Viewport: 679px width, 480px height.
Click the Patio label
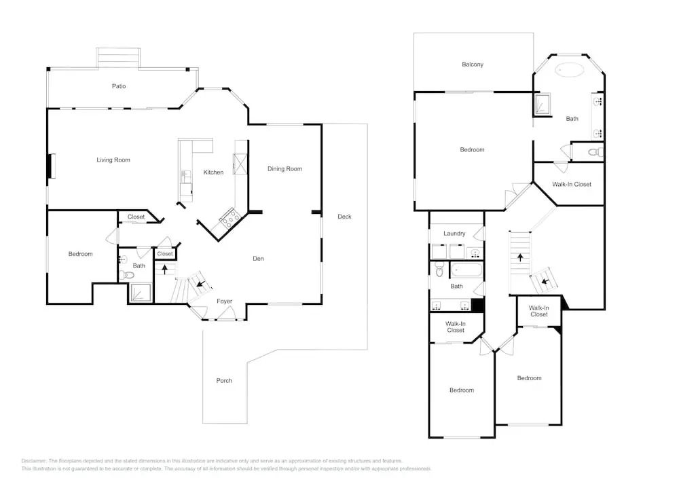point(119,86)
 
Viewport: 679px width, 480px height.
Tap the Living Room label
point(113,160)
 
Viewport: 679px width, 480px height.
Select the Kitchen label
point(213,172)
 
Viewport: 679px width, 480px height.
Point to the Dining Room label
point(285,169)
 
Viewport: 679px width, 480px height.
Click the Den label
point(258,259)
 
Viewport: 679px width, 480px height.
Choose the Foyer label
point(224,301)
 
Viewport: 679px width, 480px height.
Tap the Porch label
point(224,380)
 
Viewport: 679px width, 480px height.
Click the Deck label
point(344,217)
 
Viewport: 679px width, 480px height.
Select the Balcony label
point(473,64)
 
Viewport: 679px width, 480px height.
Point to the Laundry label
point(454,234)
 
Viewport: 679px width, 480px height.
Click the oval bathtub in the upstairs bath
point(570,70)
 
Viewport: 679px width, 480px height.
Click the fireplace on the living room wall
point(52,166)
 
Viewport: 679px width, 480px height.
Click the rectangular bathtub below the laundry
point(466,270)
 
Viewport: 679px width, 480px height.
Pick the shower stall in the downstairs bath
point(141,293)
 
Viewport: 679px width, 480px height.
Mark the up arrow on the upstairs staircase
point(520,257)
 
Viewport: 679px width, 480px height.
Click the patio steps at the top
point(118,58)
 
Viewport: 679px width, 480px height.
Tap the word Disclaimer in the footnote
point(33,461)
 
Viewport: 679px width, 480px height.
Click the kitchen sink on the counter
point(186,177)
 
